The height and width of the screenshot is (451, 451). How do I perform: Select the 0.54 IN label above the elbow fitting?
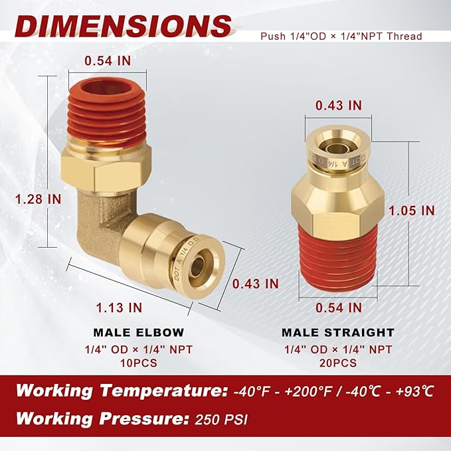click(107, 60)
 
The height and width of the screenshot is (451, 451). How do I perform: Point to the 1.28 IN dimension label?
click(30, 199)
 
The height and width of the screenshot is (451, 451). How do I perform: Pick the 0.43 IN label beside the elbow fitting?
click(255, 283)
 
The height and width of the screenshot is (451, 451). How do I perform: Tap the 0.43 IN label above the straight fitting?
click(338, 105)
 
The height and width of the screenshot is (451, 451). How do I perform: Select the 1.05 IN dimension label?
click(412, 210)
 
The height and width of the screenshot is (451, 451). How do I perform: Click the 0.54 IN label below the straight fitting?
click(338, 307)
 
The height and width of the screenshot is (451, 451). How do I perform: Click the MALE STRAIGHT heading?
click(338, 332)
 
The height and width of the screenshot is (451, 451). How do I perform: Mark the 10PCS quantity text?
click(138, 363)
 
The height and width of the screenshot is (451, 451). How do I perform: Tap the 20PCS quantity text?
click(338, 363)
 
